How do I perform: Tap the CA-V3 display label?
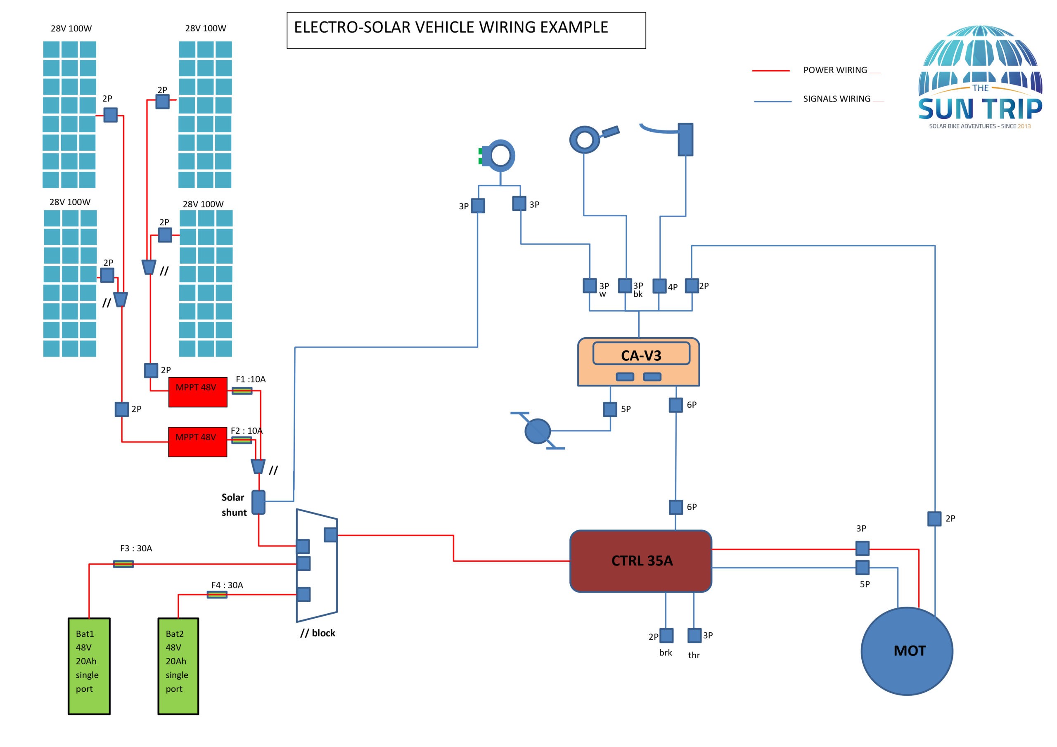[x=641, y=355]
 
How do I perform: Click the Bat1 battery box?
[x=89, y=666]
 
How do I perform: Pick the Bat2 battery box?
[x=178, y=666]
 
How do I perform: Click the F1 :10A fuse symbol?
[x=242, y=391]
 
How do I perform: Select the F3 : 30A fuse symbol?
[x=123, y=564]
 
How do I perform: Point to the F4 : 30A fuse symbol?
[x=217, y=595]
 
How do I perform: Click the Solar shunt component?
[x=258, y=502]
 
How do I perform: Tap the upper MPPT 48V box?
[x=197, y=392]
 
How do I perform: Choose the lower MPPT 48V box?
[x=197, y=442]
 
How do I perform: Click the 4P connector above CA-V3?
[x=659, y=286]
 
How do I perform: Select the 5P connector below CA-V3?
[x=610, y=409]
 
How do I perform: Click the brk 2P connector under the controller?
[x=666, y=635]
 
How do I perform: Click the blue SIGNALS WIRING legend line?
[x=773, y=101]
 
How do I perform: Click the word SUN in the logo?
[x=946, y=109]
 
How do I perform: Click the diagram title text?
[x=451, y=28]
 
